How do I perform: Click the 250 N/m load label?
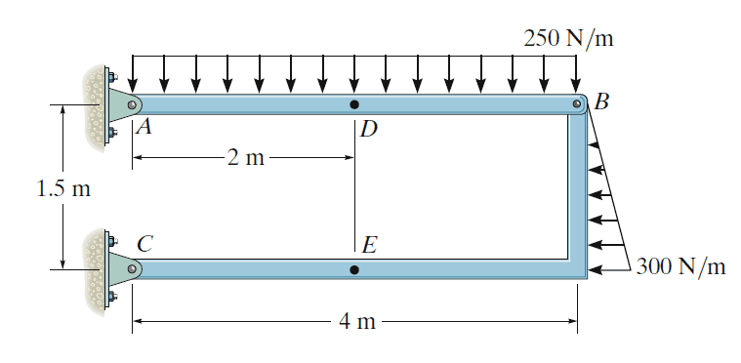click(x=568, y=38)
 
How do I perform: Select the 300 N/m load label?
click(x=680, y=266)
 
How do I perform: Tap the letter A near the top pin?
click(x=144, y=126)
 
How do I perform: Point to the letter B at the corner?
click(x=601, y=101)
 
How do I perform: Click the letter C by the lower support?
click(x=145, y=244)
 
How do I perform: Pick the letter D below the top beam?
click(x=369, y=129)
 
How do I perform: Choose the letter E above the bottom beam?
click(x=369, y=246)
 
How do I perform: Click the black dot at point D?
click(x=354, y=104)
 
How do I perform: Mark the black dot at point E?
click(x=354, y=269)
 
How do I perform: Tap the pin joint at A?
click(x=133, y=104)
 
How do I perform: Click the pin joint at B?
click(x=577, y=103)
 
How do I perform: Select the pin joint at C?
click(x=133, y=269)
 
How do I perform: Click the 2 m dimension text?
click(x=246, y=158)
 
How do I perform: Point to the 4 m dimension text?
click(x=357, y=322)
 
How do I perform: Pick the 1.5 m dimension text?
click(x=63, y=188)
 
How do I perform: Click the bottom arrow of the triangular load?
click(x=609, y=270)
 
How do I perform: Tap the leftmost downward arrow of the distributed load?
click(x=133, y=74)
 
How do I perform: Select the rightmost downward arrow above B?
click(x=576, y=74)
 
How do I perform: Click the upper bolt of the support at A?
click(x=112, y=76)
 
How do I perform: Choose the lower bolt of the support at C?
click(x=112, y=297)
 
